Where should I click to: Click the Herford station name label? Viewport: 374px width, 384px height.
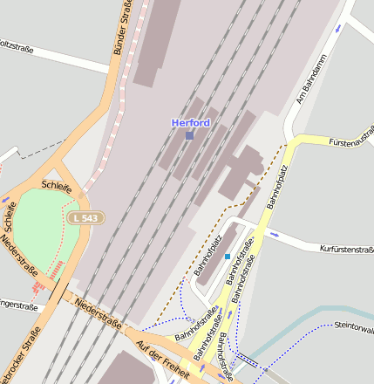190,123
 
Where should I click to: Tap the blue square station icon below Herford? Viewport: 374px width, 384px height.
189,135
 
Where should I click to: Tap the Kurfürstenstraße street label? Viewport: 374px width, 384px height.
346,249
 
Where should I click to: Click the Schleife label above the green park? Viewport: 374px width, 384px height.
57,185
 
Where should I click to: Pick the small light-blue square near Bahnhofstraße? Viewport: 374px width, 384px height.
228,257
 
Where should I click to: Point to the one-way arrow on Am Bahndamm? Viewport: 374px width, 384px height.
338,28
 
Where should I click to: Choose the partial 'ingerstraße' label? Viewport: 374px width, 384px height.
17,307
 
